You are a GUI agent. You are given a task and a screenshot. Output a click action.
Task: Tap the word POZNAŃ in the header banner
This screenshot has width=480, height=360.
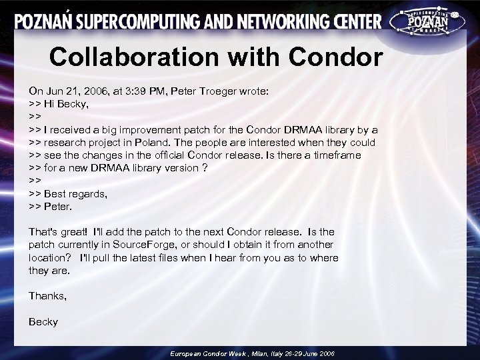[x=45, y=22]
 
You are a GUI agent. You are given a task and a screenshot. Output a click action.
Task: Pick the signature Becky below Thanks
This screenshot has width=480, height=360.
[x=43, y=322]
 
